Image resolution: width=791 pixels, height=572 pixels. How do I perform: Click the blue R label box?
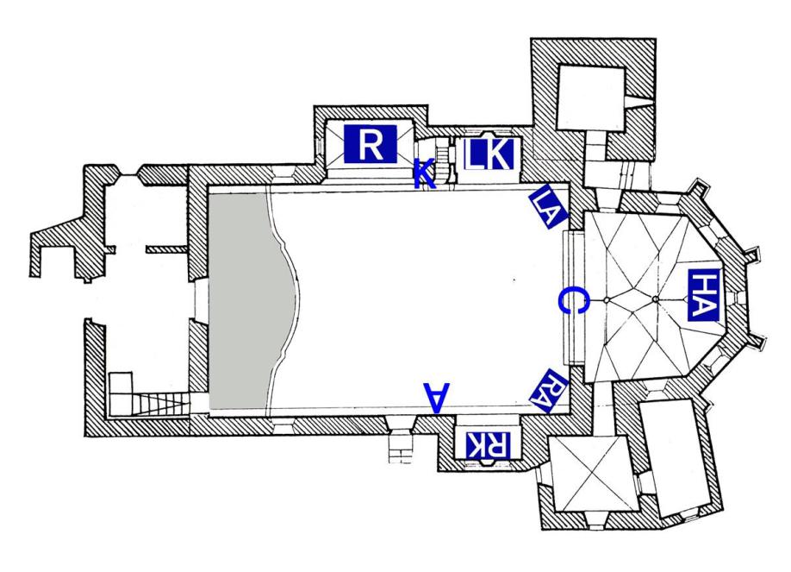[x=370, y=143]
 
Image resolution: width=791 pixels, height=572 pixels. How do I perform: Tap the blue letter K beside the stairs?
[x=423, y=173]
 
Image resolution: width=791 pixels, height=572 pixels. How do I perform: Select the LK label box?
[x=489, y=155]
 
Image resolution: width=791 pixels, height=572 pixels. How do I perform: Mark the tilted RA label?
[x=547, y=388]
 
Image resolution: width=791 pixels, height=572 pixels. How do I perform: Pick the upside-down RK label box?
[x=488, y=444]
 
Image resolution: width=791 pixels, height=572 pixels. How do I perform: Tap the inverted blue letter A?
[x=436, y=396]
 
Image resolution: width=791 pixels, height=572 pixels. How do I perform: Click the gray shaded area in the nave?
[x=246, y=302]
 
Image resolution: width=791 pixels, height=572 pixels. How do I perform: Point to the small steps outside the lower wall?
[x=402, y=448]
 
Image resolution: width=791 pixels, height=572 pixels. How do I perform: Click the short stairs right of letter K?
[x=445, y=157]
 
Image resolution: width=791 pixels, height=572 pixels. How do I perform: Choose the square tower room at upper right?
[x=591, y=94]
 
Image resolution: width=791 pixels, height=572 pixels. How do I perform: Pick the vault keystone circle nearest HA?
[x=656, y=299]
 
